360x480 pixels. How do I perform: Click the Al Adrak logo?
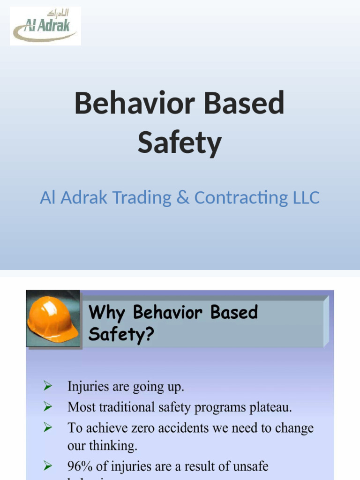45,26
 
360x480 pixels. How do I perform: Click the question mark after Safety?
149,335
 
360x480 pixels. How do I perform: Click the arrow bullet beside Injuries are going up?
47,386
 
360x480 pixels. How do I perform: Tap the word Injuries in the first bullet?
86,387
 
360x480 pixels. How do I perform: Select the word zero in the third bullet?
153,428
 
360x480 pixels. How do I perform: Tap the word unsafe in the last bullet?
251,467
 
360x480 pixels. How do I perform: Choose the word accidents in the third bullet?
189,428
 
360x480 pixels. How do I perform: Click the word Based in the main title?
246,104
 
